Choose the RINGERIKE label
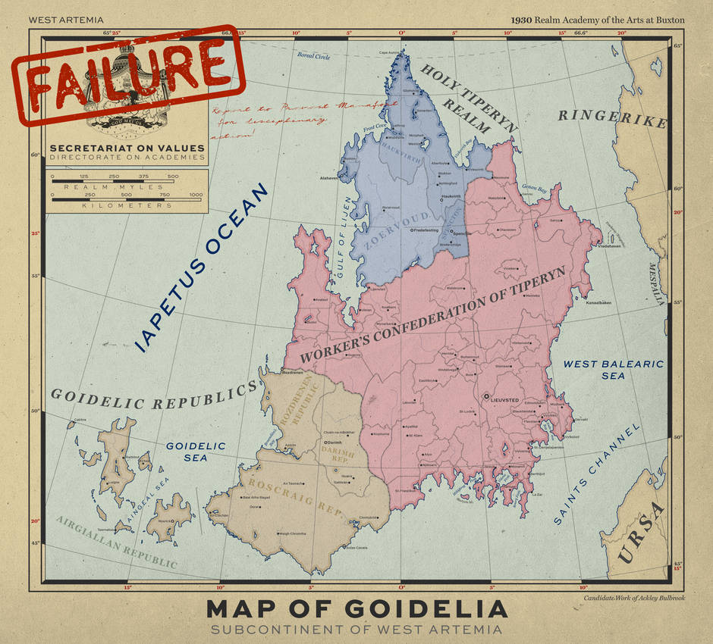point(612,118)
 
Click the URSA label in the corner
point(642,535)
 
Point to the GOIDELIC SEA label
point(196,452)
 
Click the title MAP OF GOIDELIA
point(356,608)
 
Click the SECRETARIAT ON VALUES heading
point(127,148)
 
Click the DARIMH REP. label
point(337,454)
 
